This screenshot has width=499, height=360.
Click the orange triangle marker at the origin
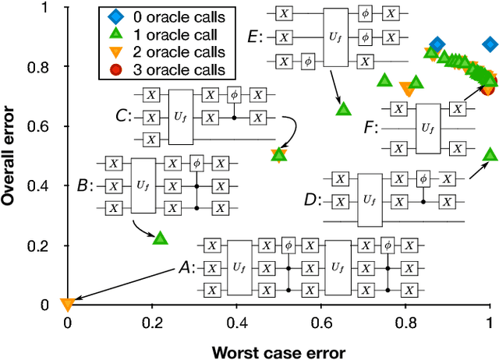pos(67,304)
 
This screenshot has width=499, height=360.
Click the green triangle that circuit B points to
pos(160,238)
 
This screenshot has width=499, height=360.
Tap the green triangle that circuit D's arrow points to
pos(490,154)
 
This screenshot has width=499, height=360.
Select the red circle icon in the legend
pos(115,71)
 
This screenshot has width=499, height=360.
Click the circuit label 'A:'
pos(186,268)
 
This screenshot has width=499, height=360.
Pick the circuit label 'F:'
pos(371,126)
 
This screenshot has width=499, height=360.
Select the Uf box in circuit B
pos(144,185)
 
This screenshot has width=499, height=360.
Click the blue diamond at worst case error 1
pos(490,44)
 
